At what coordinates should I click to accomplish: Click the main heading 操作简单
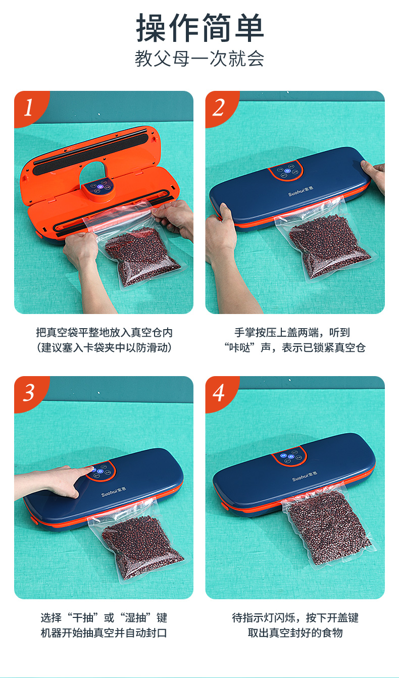[199, 28]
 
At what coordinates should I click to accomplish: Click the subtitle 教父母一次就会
[199, 59]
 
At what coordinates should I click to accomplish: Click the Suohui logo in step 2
[301, 191]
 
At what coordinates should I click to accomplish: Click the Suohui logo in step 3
[114, 492]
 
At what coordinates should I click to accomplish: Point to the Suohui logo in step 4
[305, 476]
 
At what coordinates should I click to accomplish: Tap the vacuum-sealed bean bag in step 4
[328, 527]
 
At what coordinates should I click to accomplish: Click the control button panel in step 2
[286, 171]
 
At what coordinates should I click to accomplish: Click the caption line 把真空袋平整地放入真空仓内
[104, 333]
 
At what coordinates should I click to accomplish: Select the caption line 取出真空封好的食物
[295, 633]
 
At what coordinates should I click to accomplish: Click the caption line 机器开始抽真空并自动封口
[104, 633]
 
